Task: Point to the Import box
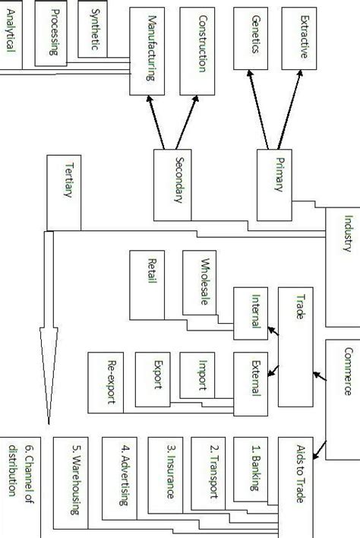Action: [x=202, y=375]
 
